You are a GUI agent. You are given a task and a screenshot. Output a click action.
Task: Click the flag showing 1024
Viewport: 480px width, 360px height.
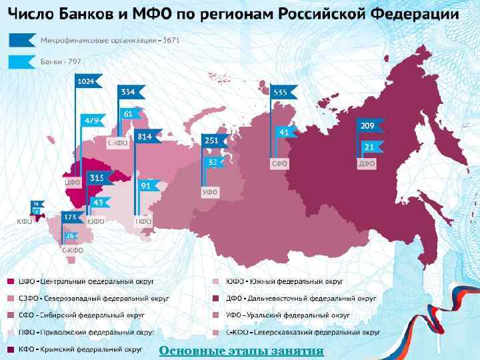click(x=87, y=81)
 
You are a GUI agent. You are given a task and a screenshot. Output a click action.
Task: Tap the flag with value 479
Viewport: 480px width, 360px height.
click(x=92, y=121)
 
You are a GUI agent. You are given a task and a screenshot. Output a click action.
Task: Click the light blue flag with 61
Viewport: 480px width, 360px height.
click(x=131, y=114)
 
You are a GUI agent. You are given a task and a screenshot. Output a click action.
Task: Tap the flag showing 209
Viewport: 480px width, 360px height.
click(x=369, y=125)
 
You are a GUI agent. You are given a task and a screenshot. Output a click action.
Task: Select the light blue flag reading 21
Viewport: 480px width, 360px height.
click(x=370, y=146)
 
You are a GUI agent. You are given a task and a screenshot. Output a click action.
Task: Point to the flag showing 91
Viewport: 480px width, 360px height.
click(x=147, y=186)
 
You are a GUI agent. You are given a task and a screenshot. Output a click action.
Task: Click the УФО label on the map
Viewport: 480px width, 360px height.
click(x=211, y=193)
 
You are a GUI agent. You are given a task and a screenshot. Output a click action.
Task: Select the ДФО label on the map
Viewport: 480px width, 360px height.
click(x=367, y=163)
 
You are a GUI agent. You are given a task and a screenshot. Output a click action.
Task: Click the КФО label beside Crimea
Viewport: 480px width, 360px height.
click(x=25, y=221)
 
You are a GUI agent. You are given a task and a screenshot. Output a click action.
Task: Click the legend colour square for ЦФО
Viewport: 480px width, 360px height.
click(x=11, y=281)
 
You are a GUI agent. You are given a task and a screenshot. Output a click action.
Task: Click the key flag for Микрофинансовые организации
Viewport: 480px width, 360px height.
click(x=22, y=41)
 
